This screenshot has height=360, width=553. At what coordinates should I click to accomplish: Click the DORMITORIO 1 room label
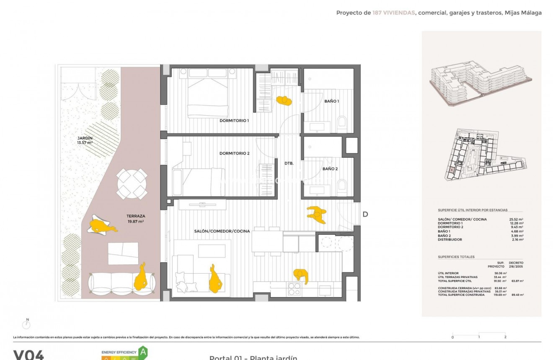coord(234,121)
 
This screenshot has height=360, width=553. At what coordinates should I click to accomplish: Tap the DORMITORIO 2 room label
coord(234,153)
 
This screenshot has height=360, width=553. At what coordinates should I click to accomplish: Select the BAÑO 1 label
coord(331,101)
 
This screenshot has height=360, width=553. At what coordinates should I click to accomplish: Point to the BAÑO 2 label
coord(330,169)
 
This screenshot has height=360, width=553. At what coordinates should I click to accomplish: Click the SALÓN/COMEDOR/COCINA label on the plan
coord(222,231)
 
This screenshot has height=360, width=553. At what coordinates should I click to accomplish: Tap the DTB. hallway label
coord(289,163)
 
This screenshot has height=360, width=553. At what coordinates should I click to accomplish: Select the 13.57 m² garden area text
coord(85,142)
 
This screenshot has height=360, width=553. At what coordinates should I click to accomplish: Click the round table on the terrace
coord(132,184)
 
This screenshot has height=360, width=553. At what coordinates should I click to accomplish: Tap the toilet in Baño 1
coord(342,122)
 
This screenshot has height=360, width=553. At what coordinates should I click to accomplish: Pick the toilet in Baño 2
coord(342,185)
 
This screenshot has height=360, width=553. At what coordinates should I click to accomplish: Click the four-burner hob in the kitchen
coord(295,290)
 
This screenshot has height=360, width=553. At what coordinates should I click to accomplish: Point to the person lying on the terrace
coord(102,227)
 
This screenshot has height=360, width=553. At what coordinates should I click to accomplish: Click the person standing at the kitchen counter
coord(301,275)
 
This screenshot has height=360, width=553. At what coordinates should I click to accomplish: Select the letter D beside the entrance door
coord(365,215)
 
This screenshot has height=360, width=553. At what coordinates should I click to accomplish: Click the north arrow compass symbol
coord(27,324)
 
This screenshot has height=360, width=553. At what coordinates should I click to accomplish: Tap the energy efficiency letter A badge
coord(143,351)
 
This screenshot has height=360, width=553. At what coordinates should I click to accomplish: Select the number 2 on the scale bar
coord(505,337)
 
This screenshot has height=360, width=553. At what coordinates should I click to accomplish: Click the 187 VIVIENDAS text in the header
coord(393,13)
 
